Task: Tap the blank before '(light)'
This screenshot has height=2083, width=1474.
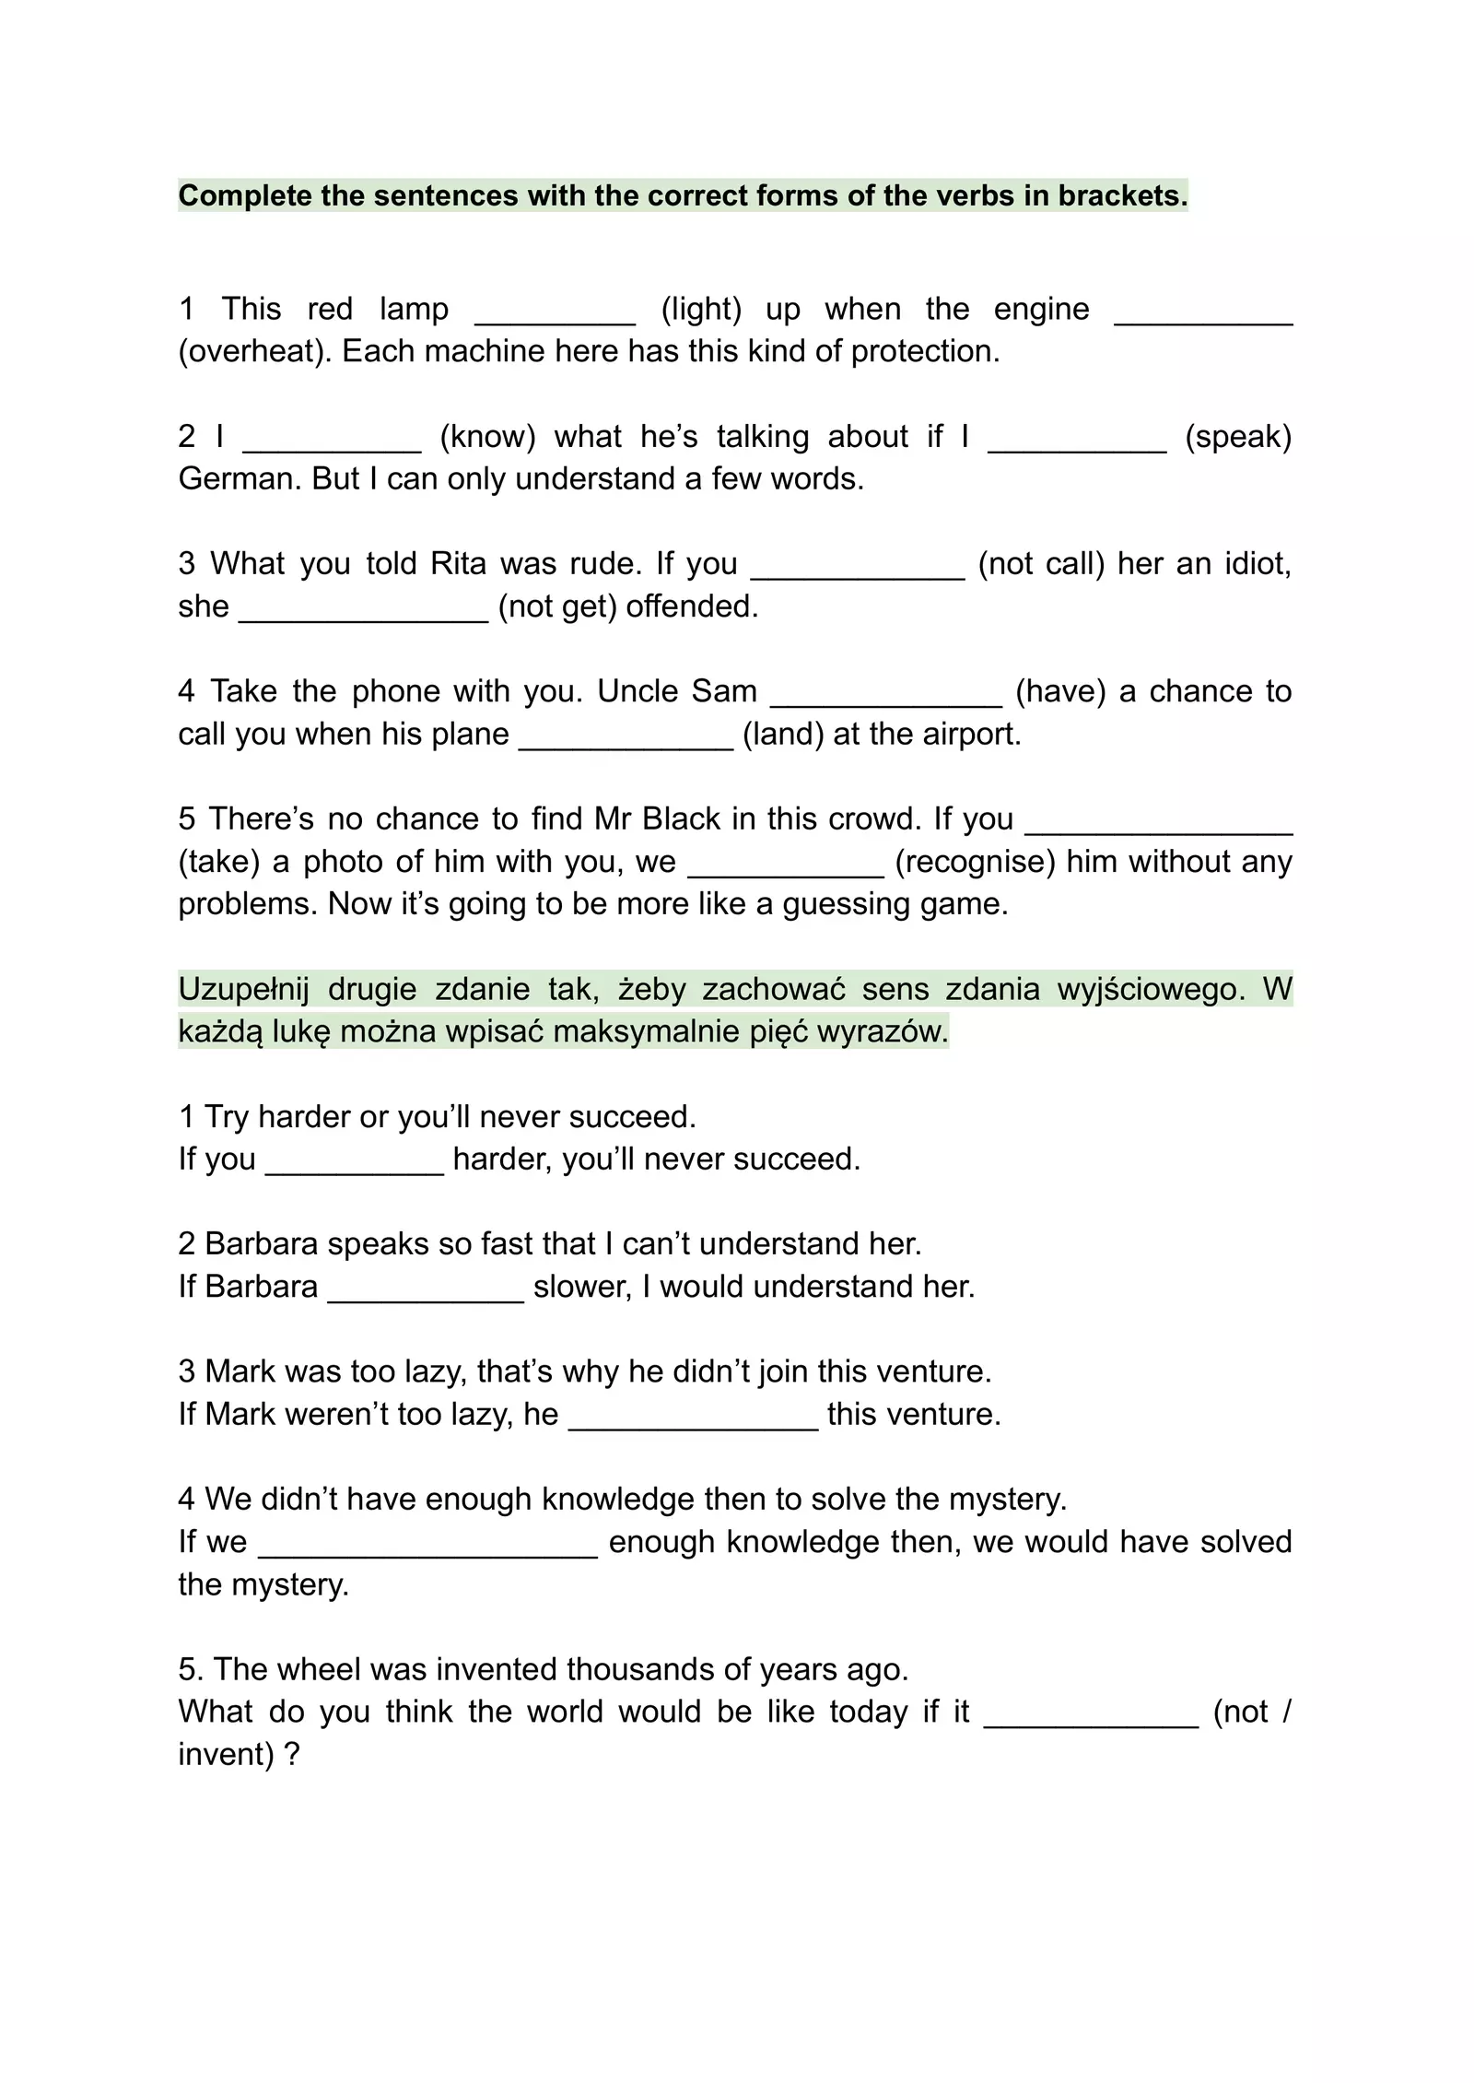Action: point(555,313)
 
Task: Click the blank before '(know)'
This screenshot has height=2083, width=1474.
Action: point(332,441)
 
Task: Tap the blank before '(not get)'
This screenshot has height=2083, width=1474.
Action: point(363,611)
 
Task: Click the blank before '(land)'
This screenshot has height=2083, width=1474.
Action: point(626,739)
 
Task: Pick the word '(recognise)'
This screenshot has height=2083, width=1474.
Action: point(975,861)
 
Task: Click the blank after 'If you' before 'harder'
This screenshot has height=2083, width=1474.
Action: point(355,1164)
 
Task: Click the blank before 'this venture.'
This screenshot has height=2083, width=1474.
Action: point(693,1419)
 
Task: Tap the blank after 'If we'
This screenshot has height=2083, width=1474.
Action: point(427,1547)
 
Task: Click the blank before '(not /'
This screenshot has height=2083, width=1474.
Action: point(1091,1717)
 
